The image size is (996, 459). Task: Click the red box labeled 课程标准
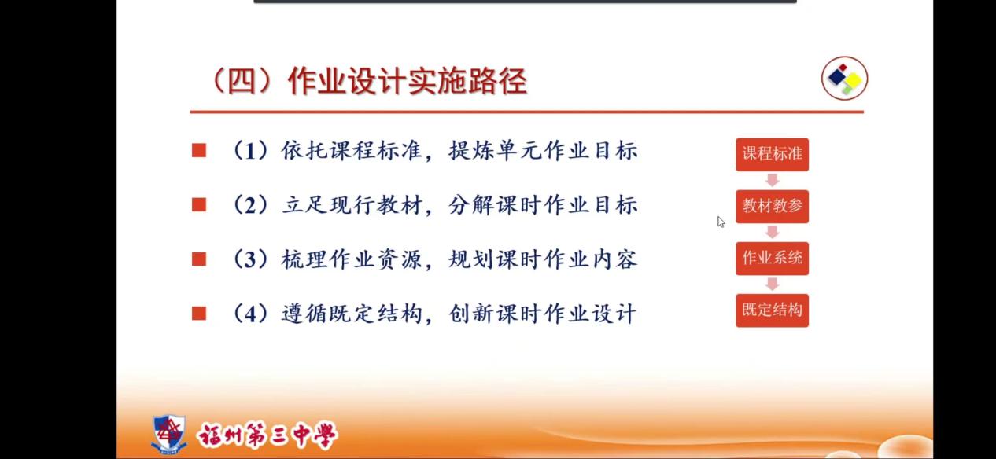tap(772, 154)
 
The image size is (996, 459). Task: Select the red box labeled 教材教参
tap(772, 207)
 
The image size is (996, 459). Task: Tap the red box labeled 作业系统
tap(772, 259)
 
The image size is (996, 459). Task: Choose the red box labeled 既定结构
tap(772, 310)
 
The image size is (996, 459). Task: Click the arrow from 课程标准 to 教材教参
tap(773, 181)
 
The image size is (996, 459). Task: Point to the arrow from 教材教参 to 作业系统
tap(773, 233)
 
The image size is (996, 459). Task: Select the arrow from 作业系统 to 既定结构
tap(773, 285)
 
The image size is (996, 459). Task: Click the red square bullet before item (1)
tap(199, 151)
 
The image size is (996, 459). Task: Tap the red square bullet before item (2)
tap(199, 205)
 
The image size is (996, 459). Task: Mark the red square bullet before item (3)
tap(199, 259)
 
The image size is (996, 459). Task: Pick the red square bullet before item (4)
tap(199, 314)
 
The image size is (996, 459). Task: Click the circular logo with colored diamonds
tap(844, 79)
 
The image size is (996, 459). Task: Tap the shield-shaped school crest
tap(168, 434)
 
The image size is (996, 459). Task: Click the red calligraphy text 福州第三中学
tap(267, 435)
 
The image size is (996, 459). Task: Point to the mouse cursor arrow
tap(721, 222)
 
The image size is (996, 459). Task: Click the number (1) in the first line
tap(250, 151)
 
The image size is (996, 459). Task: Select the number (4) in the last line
tap(250, 314)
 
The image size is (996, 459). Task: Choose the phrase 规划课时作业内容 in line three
tap(543, 259)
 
